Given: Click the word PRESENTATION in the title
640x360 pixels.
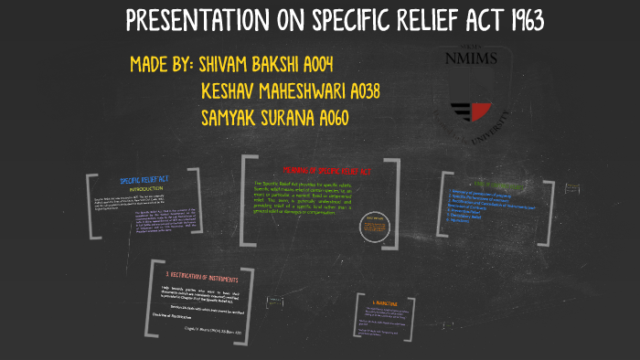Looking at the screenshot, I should click(x=199, y=21).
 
